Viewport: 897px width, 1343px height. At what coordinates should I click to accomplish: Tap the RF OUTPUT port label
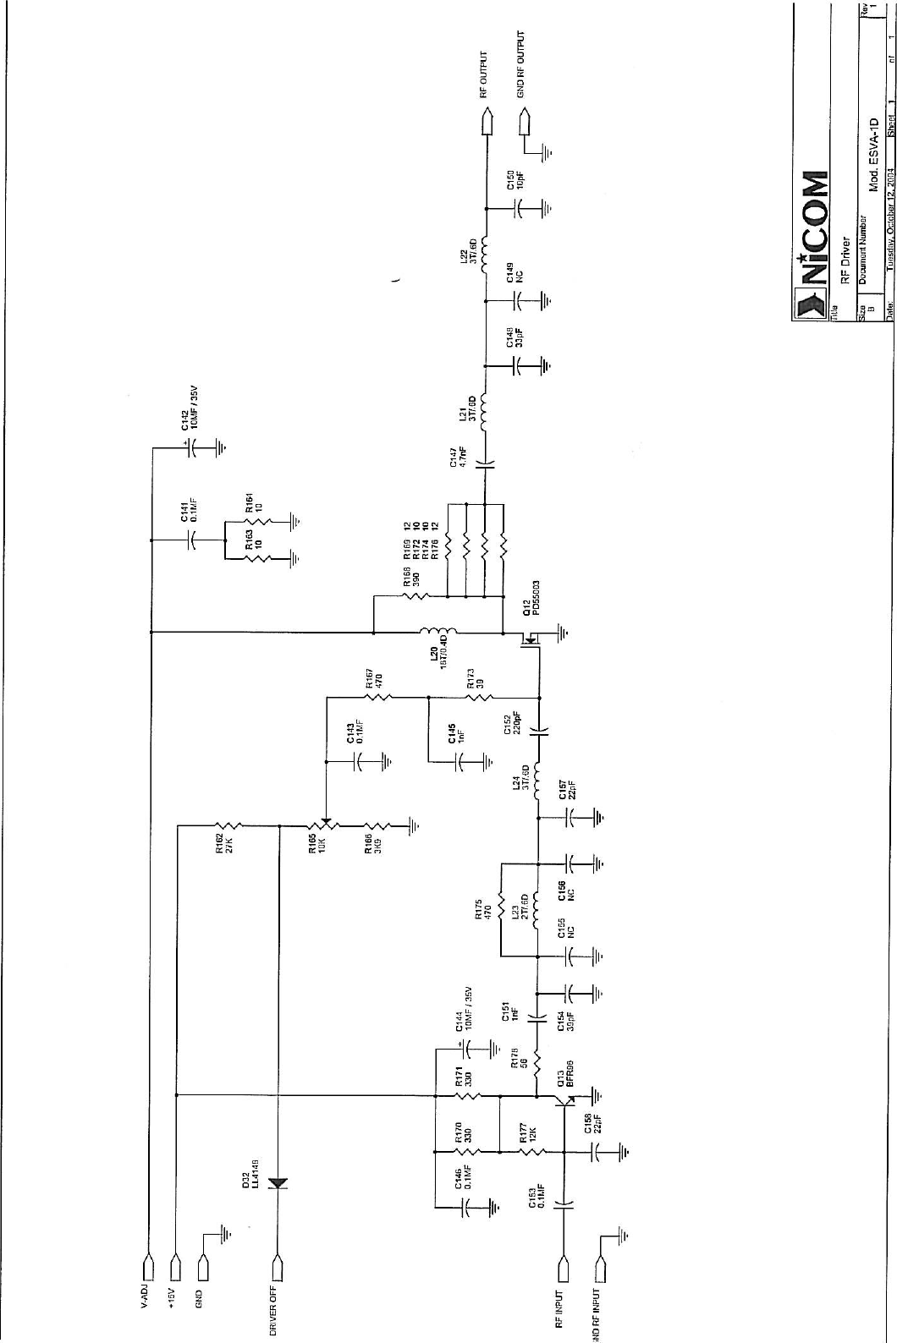point(485,74)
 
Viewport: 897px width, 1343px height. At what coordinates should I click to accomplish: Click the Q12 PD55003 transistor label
point(531,600)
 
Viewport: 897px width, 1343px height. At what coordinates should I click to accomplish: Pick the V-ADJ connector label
point(145,1295)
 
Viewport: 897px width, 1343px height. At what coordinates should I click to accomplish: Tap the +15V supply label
point(172,1298)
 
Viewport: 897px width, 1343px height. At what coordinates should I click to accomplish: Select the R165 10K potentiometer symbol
point(325,825)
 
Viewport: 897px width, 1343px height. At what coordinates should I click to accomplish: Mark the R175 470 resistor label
point(482,910)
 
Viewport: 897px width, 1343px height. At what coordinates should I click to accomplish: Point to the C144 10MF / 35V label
point(463,1009)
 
